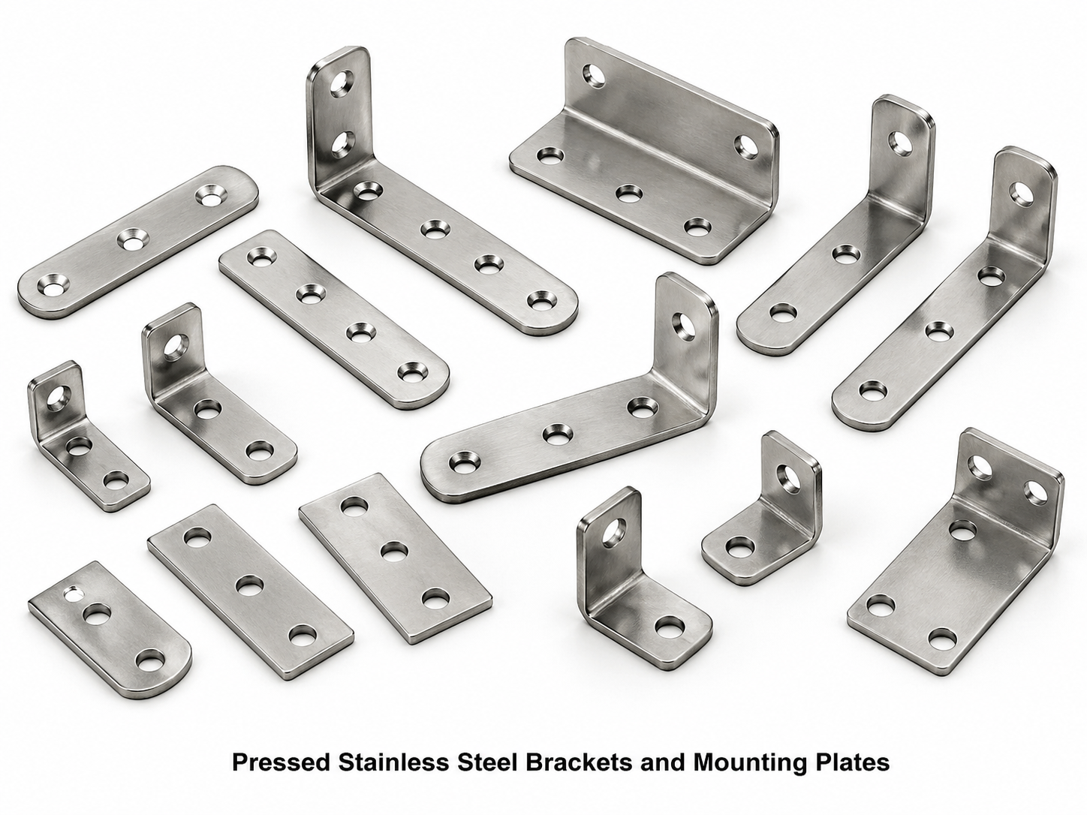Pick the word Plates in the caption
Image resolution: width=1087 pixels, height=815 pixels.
tap(852, 762)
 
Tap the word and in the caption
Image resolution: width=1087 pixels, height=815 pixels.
tap(662, 762)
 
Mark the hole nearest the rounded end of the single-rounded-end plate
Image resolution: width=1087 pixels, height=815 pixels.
tap(151, 660)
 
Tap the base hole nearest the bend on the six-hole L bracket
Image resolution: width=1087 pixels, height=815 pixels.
tap(366, 192)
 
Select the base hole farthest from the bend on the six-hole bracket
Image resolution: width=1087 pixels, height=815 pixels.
tap(540, 300)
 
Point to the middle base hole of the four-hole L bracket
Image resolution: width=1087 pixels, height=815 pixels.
tap(555, 433)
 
